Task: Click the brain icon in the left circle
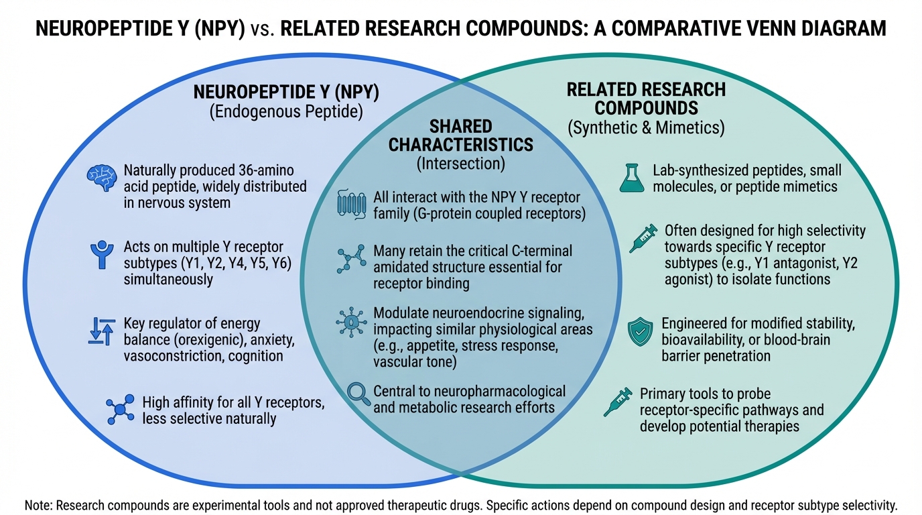[x=102, y=178]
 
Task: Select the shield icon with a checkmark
[x=640, y=333]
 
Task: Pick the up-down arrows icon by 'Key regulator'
[x=102, y=332]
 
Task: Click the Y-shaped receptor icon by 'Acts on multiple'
[x=102, y=255]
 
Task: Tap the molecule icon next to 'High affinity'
[x=120, y=409]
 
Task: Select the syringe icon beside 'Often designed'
[x=643, y=239]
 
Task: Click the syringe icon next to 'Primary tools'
[x=618, y=402]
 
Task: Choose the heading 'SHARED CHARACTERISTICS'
[x=461, y=135]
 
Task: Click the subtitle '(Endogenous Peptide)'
[x=286, y=111]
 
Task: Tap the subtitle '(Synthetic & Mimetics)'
[x=646, y=128]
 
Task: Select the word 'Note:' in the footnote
[x=40, y=504]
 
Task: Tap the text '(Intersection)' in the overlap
[x=461, y=162]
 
